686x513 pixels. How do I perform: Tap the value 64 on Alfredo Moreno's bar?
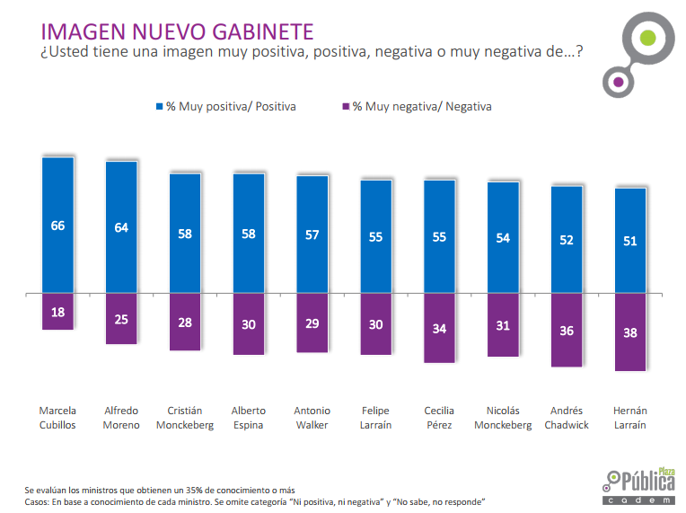coord(121,228)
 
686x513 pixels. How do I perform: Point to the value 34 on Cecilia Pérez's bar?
coord(439,329)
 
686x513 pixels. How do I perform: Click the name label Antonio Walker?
coord(312,418)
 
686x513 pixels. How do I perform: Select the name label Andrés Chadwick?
coord(567,418)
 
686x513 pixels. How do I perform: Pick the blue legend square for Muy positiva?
coord(158,106)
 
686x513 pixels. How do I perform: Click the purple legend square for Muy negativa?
coord(345,106)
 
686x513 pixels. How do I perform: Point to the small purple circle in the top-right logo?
coord(618,83)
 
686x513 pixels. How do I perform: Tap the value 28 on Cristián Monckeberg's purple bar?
coord(185,322)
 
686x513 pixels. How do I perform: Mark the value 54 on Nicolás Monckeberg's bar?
coord(503,238)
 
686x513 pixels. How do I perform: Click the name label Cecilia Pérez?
coord(439,418)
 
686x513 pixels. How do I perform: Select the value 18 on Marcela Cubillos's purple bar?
coord(57,312)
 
